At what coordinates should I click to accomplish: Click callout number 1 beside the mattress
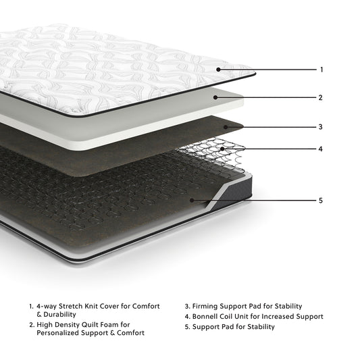pos(322,70)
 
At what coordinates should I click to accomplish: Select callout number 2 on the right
pos(322,97)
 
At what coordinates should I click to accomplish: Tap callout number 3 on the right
pos(322,126)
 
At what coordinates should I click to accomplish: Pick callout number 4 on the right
pos(322,149)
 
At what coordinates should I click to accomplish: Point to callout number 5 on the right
pos(322,200)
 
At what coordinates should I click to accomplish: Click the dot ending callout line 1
pos(218,70)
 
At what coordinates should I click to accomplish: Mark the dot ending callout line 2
pos(215,97)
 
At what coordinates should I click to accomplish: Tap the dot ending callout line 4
pos(222,149)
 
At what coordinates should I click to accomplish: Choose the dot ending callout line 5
pos(192,200)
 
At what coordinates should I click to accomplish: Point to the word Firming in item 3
pos(207,306)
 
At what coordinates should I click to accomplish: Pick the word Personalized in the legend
pos(64,333)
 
